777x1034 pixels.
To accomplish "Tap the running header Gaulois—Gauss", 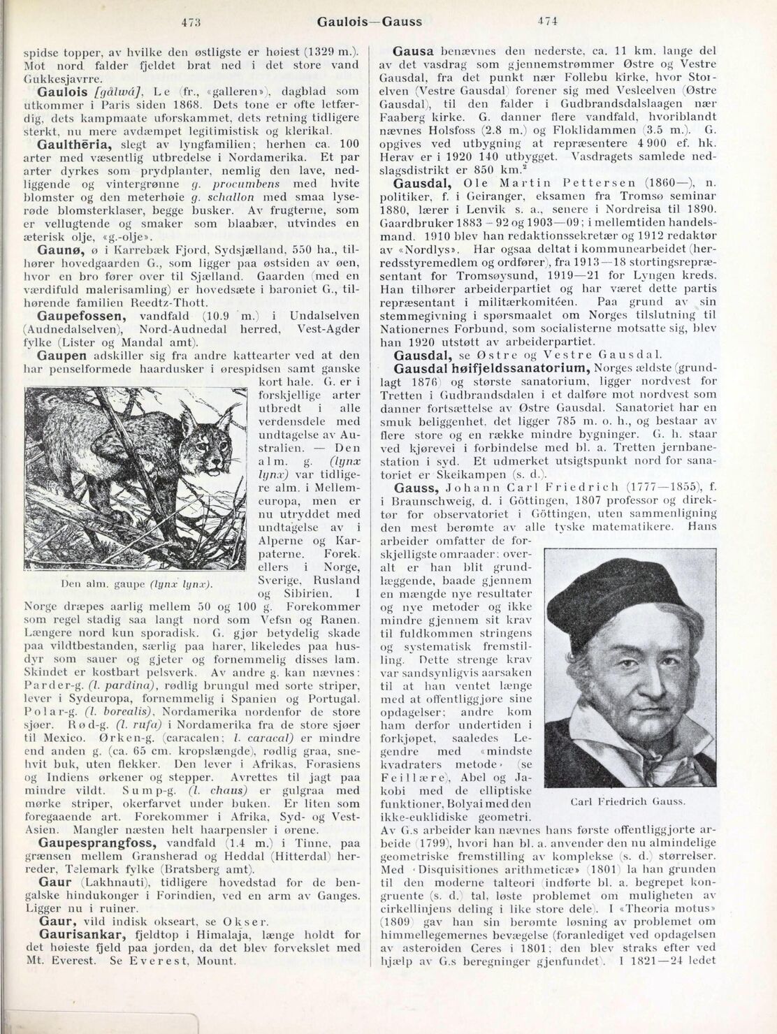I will pos(370,22).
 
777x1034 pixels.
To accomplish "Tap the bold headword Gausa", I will pos(414,51).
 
